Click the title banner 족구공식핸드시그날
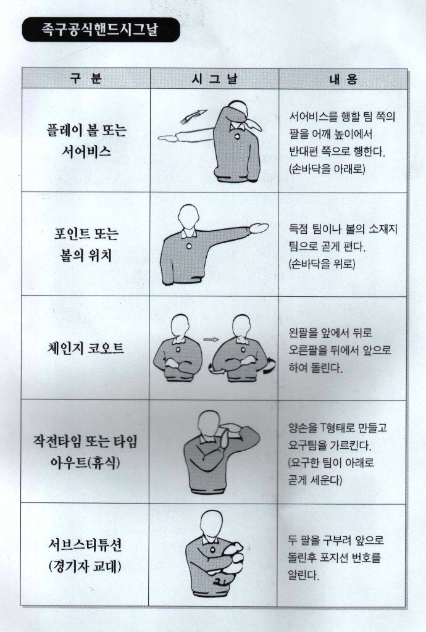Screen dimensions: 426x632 (101, 30)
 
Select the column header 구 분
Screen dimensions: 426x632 (85, 78)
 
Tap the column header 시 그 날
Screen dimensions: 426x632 (214, 78)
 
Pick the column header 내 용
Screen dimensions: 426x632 (343, 78)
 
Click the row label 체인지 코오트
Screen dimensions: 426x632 (85, 348)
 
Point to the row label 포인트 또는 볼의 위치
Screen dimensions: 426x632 (86, 244)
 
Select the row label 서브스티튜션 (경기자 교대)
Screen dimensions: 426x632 (85, 555)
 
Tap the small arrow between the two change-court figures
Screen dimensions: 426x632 (211, 339)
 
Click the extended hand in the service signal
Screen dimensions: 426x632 (167, 138)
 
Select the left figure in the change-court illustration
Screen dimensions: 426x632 (178, 349)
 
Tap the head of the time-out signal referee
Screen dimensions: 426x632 (211, 425)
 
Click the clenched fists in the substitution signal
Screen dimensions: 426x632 (232, 558)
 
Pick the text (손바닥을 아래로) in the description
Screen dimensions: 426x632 (327, 168)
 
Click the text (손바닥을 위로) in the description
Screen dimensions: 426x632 (322, 264)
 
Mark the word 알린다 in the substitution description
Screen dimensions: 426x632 (304, 575)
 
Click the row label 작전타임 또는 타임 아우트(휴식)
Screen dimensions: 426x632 (85, 451)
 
